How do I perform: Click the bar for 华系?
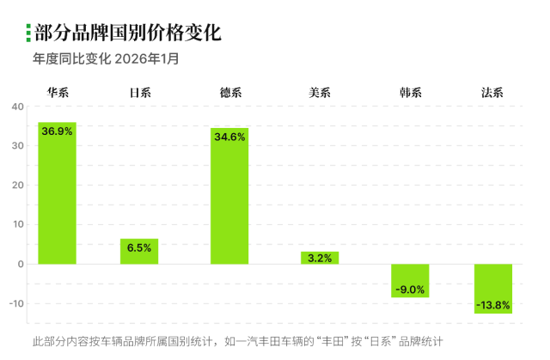pos(57,193)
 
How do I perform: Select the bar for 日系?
pos(139,251)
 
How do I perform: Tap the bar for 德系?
pos(229,196)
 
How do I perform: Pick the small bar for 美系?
pos(320,258)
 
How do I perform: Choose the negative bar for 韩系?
pos(410,281)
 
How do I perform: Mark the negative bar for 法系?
pos(493,289)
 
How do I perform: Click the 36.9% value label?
pos(58,131)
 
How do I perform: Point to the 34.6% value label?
pos(229,137)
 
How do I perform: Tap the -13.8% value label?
pos(493,305)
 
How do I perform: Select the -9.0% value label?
pos(410,290)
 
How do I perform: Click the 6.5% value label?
pos(139,247)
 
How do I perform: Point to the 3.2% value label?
pos(320,257)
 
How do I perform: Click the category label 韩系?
pos(410,92)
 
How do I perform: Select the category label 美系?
pos(320,92)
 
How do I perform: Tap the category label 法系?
pos(493,92)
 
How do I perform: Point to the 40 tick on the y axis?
pos(18,107)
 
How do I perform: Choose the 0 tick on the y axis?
pos(21,264)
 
